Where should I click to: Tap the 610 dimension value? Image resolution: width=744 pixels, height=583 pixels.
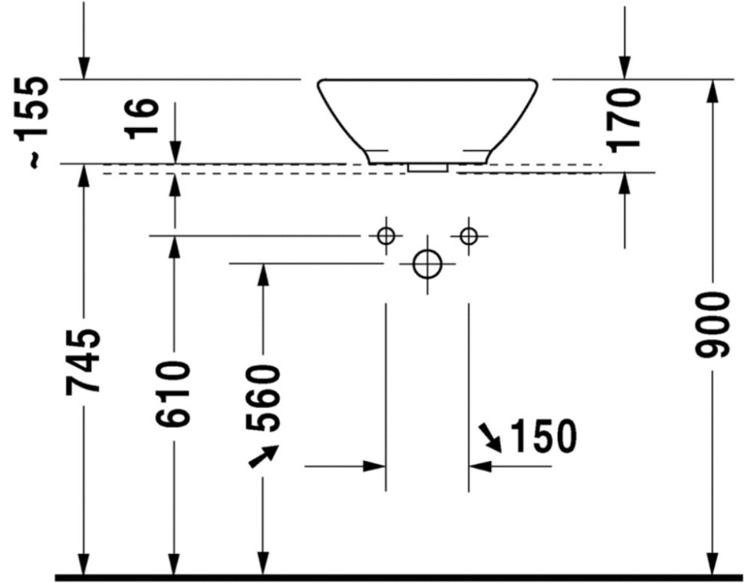tap(173, 394)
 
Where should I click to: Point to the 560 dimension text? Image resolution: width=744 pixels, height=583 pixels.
tap(262, 397)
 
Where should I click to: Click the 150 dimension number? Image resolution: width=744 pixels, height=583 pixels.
tap(544, 436)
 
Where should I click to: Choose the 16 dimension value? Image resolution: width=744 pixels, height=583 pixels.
tap(142, 119)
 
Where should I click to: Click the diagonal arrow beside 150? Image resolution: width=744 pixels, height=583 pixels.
tap(490, 437)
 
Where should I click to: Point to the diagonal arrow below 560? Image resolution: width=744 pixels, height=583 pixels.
tap(264, 456)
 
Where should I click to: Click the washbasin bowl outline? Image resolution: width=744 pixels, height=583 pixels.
tap(427, 80)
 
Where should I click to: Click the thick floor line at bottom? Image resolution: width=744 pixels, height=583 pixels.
tap(399, 578)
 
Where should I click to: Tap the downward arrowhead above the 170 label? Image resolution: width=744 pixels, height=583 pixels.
tap(624, 68)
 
